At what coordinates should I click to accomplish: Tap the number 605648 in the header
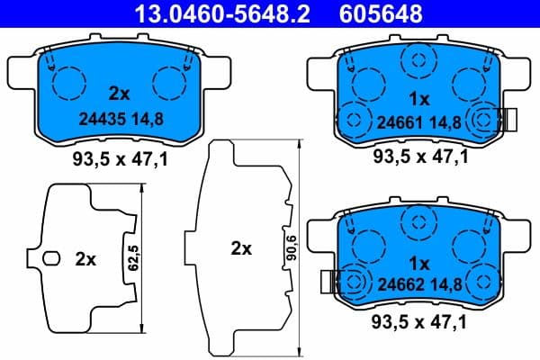click(x=380, y=13)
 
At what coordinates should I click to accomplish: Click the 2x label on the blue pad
click(x=119, y=93)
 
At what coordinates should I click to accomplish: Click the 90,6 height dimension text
click(x=289, y=247)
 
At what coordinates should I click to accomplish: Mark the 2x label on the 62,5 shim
click(x=85, y=259)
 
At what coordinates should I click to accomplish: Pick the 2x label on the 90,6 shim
click(x=240, y=249)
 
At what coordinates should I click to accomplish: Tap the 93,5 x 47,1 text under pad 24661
click(x=420, y=157)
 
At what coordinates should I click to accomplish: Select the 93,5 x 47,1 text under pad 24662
click(x=420, y=321)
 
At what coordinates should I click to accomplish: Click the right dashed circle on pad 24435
click(x=169, y=84)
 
